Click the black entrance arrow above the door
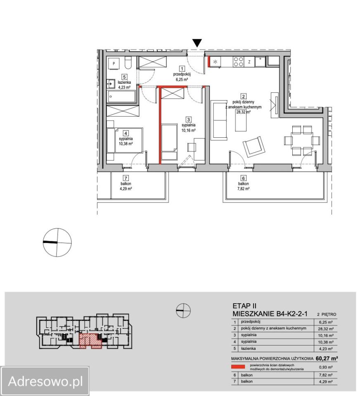pos(197,43)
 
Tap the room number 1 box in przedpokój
pos(182,69)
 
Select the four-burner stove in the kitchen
pos(238,62)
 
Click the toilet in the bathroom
pos(128,63)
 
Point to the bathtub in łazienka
pos(122,97)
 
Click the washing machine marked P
pos(114,64)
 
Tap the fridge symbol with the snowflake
pos(215,62)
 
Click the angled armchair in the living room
pos(254,147)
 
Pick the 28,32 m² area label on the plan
pos(243,112)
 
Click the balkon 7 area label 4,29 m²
pos(126,189)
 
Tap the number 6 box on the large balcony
pos(243,179)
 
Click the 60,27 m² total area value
pos(327,358)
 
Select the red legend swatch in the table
pos(238,367)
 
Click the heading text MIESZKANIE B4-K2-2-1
pos(270,314)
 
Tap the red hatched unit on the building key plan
pos(90,341)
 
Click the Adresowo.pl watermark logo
pos(45,381)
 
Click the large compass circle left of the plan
pos(57,243)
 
